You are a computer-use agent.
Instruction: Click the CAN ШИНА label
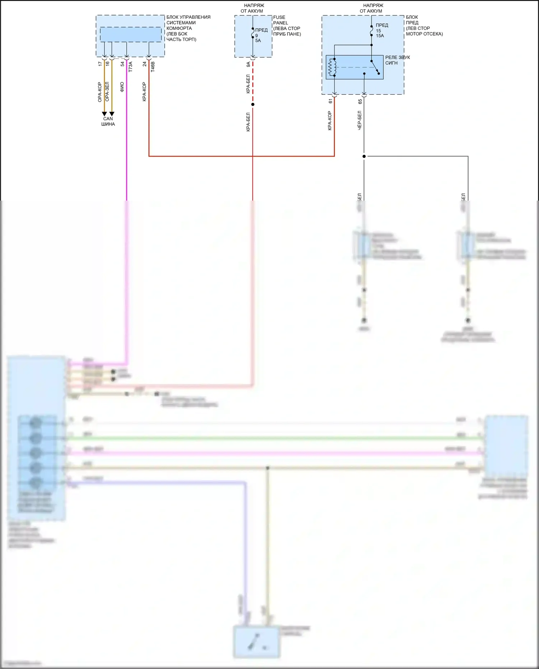point(108,121)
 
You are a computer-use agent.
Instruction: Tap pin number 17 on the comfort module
point(100,64)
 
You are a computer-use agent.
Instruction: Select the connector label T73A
point(130,67)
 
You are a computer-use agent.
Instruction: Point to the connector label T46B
point(153,67)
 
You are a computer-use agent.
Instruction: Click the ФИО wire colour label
point(122,87)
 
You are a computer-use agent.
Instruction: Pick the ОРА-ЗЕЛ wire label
point(107,91)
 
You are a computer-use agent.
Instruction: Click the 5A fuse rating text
point(258,41)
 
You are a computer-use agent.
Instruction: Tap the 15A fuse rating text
point(380,36)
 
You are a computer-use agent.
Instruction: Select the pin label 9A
point(248,64)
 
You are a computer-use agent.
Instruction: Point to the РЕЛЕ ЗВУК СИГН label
point(397,60)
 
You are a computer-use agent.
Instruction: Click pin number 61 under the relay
point(330,101)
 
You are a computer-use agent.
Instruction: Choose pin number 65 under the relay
point(360,102)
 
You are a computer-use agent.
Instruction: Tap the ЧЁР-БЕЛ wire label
point(359,120)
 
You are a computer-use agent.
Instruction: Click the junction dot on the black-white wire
point(364,156)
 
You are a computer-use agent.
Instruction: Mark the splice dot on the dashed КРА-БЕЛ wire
point(253,105)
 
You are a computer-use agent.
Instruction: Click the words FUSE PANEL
point(280,20)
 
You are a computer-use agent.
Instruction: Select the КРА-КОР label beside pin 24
point(144,92)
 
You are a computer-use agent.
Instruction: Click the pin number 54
point(122,64)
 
